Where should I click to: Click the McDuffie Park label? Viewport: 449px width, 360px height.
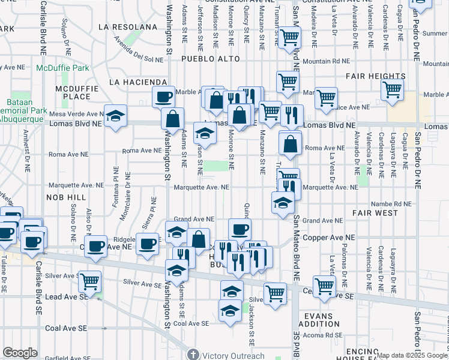[62, 68]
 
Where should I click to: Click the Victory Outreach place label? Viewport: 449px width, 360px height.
[232, 355]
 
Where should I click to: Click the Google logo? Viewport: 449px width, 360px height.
[20, 353]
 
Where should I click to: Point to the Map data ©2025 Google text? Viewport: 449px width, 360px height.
[411, 355]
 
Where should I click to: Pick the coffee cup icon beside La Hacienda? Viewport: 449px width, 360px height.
[163, 96]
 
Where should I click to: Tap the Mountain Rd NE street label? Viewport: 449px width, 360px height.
[326, 61]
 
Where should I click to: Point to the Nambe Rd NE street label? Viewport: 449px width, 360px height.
[391, 204]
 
